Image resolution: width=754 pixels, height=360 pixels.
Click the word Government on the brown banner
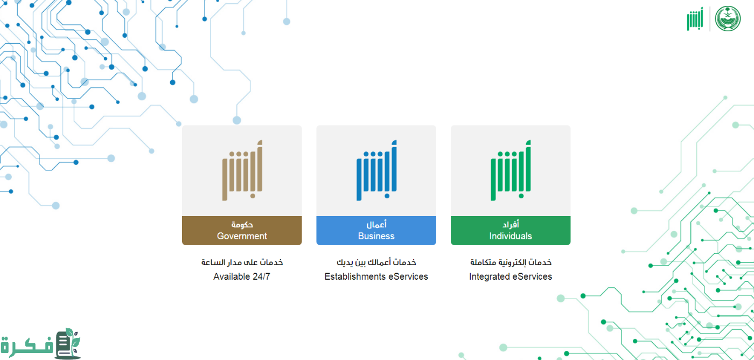point(242,236)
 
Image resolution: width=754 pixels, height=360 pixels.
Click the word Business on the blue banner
point(376,236)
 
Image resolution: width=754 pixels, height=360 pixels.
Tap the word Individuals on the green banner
point(511,236)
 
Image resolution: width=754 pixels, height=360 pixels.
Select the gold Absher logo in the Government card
point(242,170)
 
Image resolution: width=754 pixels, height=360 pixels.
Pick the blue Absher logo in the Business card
point(376,170)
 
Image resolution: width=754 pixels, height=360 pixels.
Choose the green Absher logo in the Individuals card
point(511,170)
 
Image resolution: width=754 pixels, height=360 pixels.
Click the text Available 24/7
point(242,276)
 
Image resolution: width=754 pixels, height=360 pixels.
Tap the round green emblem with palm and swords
point(728,19)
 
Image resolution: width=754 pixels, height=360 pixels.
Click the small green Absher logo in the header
point(695,19)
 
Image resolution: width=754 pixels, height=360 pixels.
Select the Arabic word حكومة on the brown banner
point(242,224)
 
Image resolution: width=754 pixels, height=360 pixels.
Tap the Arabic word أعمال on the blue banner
point(376,224)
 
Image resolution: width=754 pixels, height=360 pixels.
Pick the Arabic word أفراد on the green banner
point(511,224)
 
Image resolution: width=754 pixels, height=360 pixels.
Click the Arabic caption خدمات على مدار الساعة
point(242,262)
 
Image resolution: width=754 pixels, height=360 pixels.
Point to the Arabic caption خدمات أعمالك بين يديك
point(376,262)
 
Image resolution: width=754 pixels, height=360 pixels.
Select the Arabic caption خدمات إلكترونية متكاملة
point(511,262)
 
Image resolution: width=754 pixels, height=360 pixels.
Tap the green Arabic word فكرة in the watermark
point(27,346)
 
